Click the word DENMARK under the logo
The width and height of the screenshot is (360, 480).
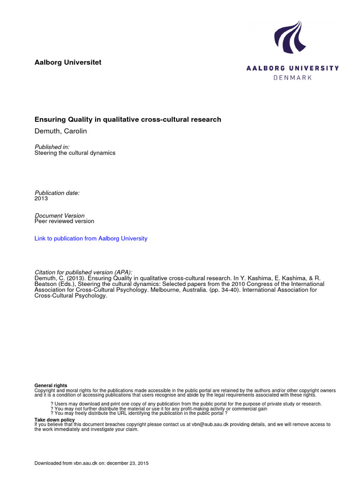click(292, 77)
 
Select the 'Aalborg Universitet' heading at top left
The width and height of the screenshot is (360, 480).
click(68, 62)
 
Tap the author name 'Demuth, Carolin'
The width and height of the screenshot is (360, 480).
click(60, 131)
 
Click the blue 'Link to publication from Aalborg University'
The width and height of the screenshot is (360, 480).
click(91, 239)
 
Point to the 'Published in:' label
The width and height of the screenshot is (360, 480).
click(52, 147)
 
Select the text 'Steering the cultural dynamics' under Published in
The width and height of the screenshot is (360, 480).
click(75, 153)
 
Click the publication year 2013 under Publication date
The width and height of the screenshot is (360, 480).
click(41, 198)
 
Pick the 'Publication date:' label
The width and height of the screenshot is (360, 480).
click(57, 193)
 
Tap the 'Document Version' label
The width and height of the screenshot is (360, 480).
click(60, 216)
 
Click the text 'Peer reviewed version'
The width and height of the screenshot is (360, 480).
click(64, 221)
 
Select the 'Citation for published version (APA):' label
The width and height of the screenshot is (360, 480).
click(84, 272)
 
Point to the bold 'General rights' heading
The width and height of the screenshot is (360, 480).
click(51, 386)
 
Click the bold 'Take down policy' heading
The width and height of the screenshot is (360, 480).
click(54, 420)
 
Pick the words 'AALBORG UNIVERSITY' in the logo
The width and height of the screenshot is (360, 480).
click(292, 68)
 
